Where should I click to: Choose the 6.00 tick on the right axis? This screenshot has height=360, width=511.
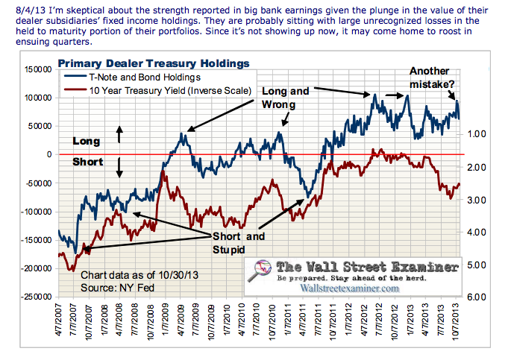[x=476, y=297]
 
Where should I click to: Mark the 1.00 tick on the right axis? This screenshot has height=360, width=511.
[x=476, y=134]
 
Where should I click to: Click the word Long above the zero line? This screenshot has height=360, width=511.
[x=84, y=140]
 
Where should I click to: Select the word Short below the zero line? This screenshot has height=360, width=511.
[x=86, y=162]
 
